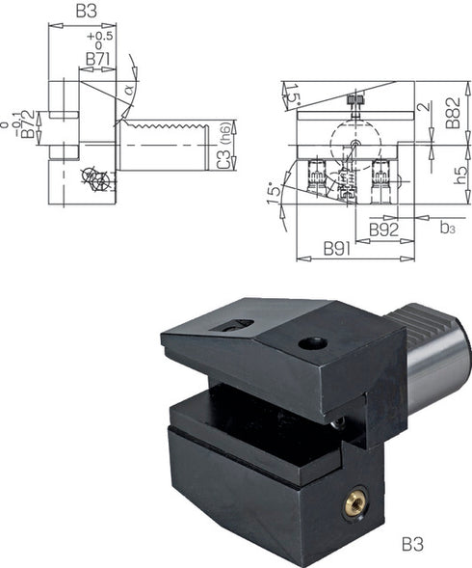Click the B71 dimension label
[97, 59]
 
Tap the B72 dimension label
[28, 123]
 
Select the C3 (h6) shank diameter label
[224, 146]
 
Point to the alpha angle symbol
[129, 89]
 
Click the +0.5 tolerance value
[100, 37]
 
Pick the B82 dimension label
[453, 113]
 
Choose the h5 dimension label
[460, 176]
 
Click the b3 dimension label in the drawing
[447, 228]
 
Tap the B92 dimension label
[383, 230]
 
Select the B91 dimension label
[337, 249]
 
